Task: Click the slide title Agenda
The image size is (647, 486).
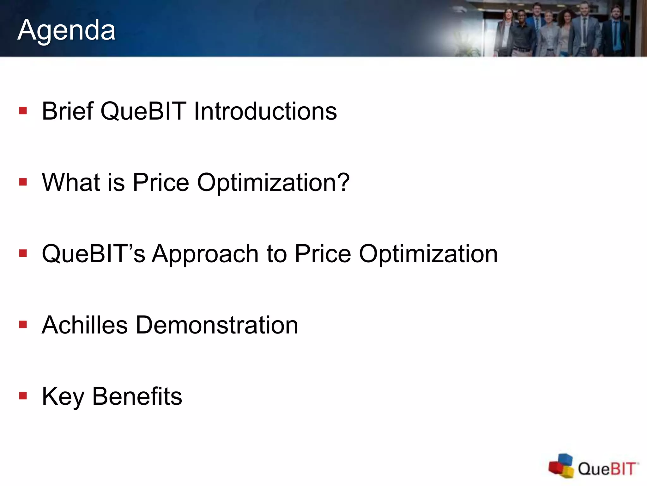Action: click(66, 30)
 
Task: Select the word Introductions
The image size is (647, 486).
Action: click(265, 111)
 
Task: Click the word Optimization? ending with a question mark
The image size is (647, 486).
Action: click(273, 183)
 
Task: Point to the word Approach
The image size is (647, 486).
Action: click(205, 254)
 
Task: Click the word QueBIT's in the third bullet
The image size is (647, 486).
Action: click(94, 254)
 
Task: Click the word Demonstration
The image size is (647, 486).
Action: click(217, 325)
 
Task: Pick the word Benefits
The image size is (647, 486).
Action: click(137, 396)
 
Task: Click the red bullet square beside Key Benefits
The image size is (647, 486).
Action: click(23, 396)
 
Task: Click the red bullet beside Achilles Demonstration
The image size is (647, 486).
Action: click(23, 325)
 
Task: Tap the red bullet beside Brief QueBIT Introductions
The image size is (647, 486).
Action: click(23, 111)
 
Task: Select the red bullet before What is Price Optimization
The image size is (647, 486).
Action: click(23, 182)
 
